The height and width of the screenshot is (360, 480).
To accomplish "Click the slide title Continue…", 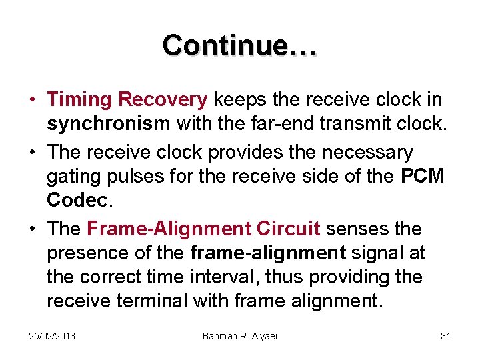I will (x=240, y=45).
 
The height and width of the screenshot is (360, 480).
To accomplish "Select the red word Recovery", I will (x=163, y=100).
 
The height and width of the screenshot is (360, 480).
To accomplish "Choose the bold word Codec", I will (x=77, y=201).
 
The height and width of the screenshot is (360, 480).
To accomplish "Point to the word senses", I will (x=360, y=229).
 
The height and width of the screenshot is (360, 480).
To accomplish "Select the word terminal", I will (x=151, y=301).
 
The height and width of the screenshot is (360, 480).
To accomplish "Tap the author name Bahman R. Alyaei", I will (x=239, y=336).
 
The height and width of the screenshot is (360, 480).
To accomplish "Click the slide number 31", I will (x=445, y=336).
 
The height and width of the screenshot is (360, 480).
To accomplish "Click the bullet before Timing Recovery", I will (x=32, y=101).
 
